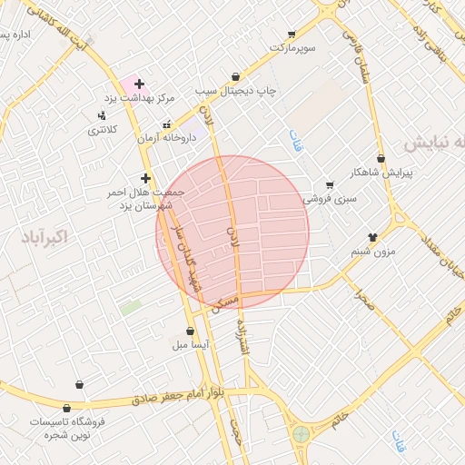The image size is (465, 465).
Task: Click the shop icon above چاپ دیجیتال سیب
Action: pos(236,77)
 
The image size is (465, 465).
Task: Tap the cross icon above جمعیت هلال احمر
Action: pos(145,178)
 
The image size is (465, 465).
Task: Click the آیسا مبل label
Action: pos(191,345)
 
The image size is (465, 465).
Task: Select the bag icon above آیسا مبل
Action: pos(190,331)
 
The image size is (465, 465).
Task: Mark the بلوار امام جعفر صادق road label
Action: pos(191,397)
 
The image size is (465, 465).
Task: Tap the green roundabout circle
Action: pos(300,434)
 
